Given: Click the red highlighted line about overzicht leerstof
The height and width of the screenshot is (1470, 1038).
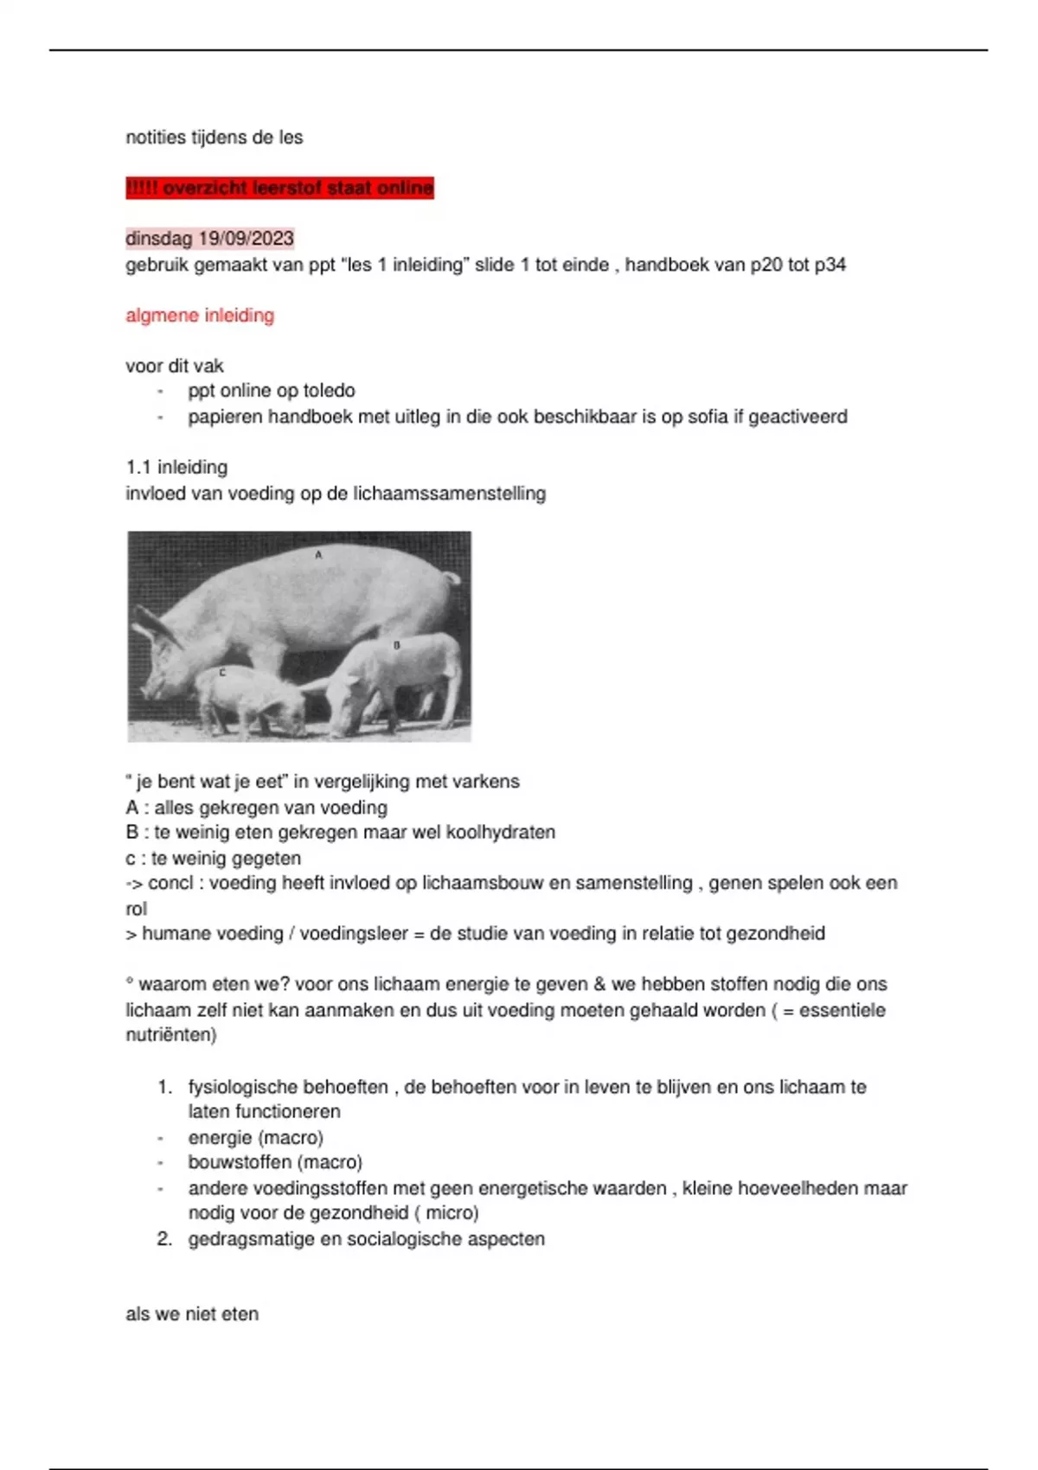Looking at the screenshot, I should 279,188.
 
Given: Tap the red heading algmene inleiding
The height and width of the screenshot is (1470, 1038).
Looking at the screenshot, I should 200,316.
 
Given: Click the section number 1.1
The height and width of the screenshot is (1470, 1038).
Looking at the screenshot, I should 138,468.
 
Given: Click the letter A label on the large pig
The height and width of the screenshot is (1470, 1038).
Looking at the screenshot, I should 318,554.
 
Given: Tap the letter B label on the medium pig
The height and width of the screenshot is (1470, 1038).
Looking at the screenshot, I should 397,645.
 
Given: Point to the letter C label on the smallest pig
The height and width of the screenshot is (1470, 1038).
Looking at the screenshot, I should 222,672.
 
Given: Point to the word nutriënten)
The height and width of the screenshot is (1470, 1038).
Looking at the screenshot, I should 171,1035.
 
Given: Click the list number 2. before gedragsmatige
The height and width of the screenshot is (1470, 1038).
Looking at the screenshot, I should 164,1239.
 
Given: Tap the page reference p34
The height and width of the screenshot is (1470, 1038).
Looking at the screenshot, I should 830,265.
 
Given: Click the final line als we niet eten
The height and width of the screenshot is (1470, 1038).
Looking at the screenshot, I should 192,1314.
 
